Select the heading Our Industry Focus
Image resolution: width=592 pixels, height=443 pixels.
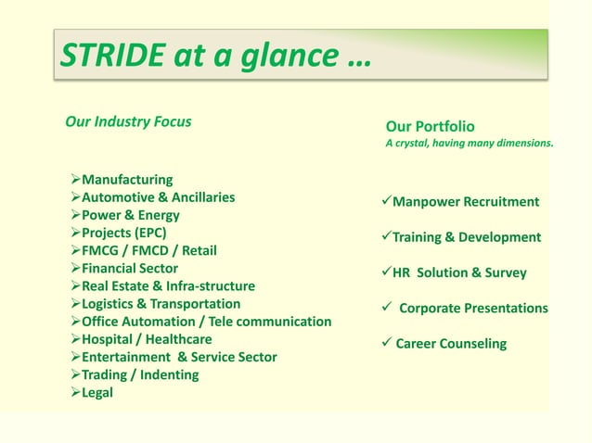(x=128, y=121)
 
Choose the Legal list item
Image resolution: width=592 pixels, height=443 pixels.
(x=97, y=392)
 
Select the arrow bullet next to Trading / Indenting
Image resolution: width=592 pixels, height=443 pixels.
(x=74, y=374)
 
